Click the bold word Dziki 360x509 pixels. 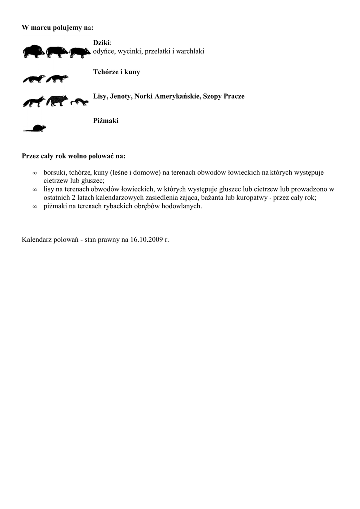coord(102,43)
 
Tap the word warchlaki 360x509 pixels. coord(189,51)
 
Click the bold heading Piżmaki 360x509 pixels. coord(106,121)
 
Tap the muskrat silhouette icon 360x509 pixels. coord(35,128)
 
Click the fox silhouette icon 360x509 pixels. coord(34,102)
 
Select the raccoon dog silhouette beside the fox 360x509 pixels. coord(57,101)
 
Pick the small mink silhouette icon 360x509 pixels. coord(79,102)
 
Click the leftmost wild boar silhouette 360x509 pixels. coord(34,52)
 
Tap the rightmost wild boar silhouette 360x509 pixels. coord(80,52)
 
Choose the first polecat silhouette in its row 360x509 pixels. coord(34,79)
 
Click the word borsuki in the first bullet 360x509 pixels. coord(55,173)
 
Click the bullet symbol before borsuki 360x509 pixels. coord(34,173)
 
